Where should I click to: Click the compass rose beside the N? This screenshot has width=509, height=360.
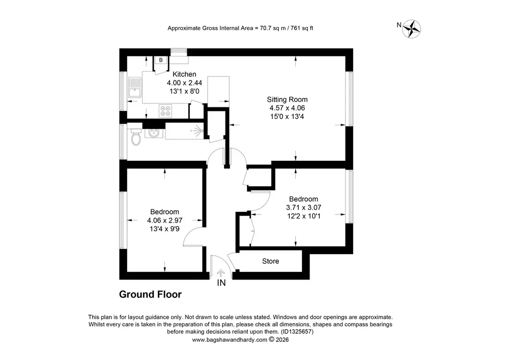412,29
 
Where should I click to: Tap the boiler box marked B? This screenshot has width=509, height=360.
161,60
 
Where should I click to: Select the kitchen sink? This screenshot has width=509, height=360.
135,87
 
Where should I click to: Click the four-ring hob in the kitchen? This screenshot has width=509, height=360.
165,110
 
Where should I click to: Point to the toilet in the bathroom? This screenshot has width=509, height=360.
136,137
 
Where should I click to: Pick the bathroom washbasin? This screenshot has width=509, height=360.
154,133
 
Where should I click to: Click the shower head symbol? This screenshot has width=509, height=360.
197,130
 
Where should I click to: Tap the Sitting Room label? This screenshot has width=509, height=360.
287,99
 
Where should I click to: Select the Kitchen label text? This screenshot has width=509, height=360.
184,74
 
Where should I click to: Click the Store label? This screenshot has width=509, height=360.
270,261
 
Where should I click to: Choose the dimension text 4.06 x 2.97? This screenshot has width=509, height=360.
164,220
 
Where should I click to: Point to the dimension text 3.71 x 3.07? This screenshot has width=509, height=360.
303,207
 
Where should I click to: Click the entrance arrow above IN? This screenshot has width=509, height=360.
221,273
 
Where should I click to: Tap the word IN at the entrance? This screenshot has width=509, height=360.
221,283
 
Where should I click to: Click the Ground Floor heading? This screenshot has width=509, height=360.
150,294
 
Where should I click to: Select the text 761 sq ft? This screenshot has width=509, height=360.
302,28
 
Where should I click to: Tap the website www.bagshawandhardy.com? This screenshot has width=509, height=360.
230,340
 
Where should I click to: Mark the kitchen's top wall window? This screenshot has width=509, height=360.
179,50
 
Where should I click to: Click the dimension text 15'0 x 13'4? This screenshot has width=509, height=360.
287,117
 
